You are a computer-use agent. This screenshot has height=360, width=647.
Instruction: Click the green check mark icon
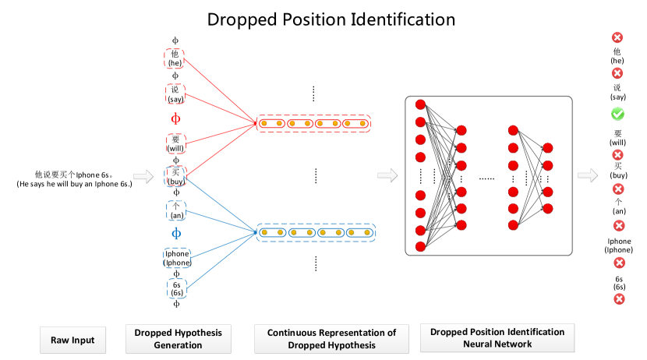[617, 115]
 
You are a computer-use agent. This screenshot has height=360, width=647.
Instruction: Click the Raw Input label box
[72, 340]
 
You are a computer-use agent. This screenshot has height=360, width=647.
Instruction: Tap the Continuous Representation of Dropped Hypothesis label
[331, 339]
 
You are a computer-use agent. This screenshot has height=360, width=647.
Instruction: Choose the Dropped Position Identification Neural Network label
[497, 338]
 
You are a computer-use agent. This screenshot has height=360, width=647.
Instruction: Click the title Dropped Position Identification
[331, 20]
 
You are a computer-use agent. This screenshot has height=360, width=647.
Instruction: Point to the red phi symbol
[175, 119]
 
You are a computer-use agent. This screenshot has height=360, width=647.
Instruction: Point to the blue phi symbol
[176, 233]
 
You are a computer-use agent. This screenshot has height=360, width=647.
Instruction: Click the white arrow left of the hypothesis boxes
[143, 178]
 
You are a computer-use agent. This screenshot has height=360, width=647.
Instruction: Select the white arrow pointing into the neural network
[387, 176]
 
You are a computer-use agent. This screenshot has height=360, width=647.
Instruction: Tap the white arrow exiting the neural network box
[588, 176]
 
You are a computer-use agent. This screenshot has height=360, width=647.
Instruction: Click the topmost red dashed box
[175, 59]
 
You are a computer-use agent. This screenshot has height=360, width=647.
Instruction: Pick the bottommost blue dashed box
[177, 288]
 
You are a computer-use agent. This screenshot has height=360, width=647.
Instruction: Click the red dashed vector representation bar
[315, 123]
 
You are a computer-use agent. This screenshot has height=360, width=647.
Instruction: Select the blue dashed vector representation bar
[316, 232]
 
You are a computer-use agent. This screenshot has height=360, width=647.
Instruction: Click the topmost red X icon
[617, 37]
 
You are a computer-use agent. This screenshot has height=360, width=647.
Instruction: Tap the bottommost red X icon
[619, 298]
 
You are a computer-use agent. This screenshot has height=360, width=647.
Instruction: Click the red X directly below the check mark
[618, 155]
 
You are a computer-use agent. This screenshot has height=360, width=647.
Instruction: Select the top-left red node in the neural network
[421, 104]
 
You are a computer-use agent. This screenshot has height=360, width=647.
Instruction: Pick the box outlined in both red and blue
[176, 177]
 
